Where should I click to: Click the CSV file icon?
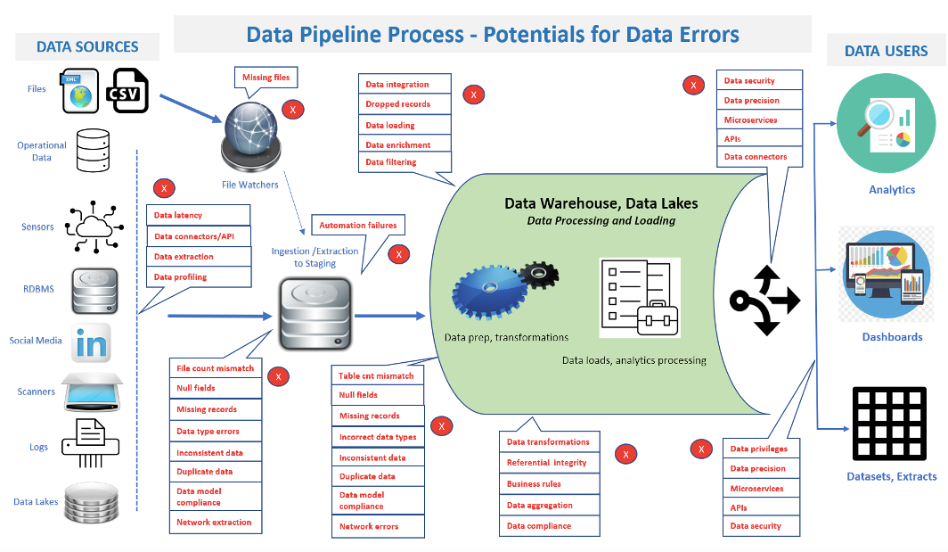(x=127, y=91)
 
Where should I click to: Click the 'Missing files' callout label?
(x=266, y=78)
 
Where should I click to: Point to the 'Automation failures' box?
(x=357, y=226)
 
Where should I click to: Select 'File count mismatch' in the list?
(x=216, y=368)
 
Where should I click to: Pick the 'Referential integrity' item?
(x=547, y=463)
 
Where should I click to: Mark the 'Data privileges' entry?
(x=760, y=449)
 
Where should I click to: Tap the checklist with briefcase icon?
(x=639, y=297)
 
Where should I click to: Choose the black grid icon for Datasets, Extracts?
(x=890, y=422)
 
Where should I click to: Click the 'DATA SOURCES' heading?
(x=87, y=46)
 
